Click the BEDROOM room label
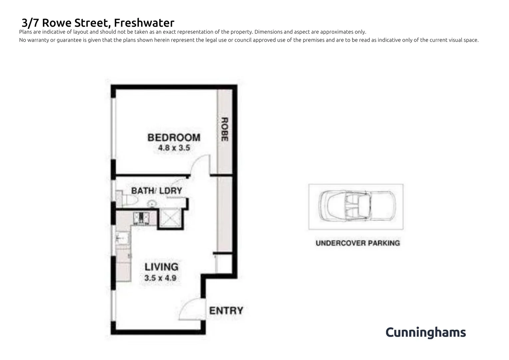point(174,137)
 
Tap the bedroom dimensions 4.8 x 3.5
point(174,148)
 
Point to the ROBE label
point(225,129)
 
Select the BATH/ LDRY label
point(157,191)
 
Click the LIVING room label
point(161,267)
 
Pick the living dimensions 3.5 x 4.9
point(160,278)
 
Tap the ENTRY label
point(226,311)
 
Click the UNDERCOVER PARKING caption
point(357,243)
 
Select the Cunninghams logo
point(425,332)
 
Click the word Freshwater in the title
point(144,23)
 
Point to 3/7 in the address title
point(30,23)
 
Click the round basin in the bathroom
point(152,203)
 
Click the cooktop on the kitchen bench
point(141,218)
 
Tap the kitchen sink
point(122,238)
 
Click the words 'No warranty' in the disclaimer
point(34,40)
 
